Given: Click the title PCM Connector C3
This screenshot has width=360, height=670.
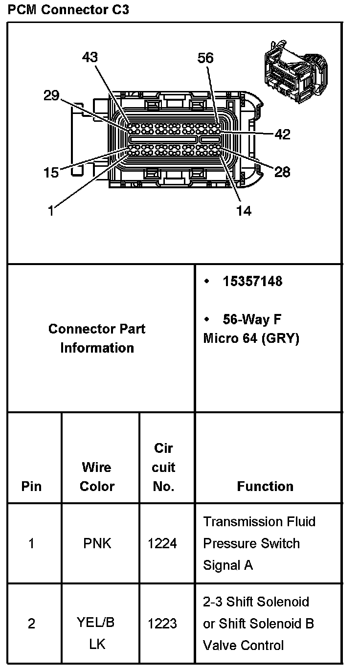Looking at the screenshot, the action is coord(68,10).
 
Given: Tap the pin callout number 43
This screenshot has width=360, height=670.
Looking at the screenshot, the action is coord(90,57).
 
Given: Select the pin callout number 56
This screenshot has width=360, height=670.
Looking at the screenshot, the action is coord(205,58).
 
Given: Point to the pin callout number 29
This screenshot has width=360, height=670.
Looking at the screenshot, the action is coord(51,95).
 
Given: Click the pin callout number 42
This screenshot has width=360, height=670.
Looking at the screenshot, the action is coord(283,134).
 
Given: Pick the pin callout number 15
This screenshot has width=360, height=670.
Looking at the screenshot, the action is coord(51,173).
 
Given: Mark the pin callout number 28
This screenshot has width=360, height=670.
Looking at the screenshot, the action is coord(282,172).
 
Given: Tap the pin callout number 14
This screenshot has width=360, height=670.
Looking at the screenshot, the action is coord(244,211).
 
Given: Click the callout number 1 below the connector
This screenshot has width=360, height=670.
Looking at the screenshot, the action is coord(51,211).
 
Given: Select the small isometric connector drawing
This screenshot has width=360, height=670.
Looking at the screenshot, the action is coord(295,71).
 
